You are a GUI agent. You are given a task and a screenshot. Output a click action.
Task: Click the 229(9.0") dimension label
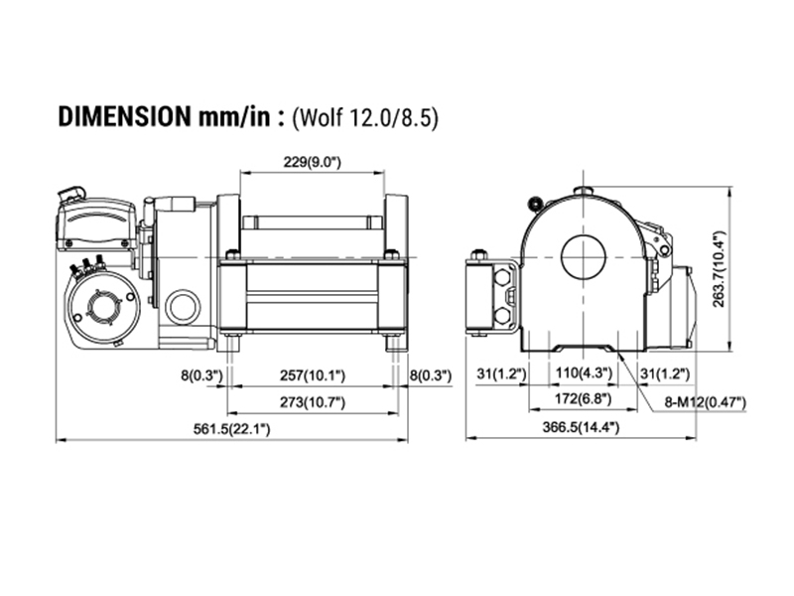pos(312,162)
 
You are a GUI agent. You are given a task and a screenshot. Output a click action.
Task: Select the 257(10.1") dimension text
pos(313,375)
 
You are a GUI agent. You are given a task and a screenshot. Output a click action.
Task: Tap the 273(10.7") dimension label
pos(313,402)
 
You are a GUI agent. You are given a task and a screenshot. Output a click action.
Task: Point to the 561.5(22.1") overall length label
pos(232,429)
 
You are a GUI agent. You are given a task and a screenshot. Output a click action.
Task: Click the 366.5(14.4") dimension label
pos(581,427)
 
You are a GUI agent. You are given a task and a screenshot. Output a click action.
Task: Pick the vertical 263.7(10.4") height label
pos(719,268)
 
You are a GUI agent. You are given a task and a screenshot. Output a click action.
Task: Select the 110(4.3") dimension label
pos(584,373)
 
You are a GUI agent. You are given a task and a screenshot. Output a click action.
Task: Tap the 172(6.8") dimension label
pos(583,399)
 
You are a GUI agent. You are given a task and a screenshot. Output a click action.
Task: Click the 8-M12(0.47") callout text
pos(706,403)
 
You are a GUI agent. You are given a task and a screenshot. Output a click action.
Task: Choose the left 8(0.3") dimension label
pos(202,375)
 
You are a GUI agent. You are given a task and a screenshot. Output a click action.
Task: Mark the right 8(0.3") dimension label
pos(431,375)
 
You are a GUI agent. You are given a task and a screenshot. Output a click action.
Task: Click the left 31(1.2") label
pos(501,374)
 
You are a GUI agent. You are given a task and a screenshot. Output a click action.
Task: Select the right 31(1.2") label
pos(665,374)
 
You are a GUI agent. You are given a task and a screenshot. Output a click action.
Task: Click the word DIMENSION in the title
pos(124,117)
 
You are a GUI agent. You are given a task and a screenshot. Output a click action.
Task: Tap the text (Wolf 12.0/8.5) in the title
pos(364,118)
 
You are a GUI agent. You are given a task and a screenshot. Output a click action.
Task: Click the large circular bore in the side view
pos(584,257)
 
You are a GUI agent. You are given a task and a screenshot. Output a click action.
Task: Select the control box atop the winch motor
pos(96,223)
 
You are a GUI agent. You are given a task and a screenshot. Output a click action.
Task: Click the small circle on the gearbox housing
pos(183,307)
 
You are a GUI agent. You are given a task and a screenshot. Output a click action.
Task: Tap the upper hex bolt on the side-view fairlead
pos(501,277)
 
